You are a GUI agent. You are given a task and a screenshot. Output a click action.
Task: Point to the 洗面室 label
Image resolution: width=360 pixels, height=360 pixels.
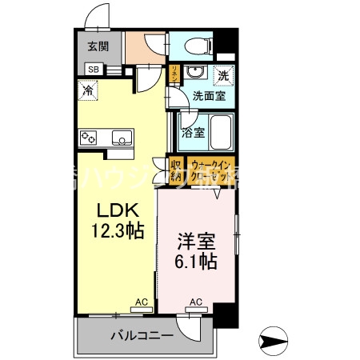point(209,97)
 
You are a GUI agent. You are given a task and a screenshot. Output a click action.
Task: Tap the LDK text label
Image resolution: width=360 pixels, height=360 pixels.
point(118,211)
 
